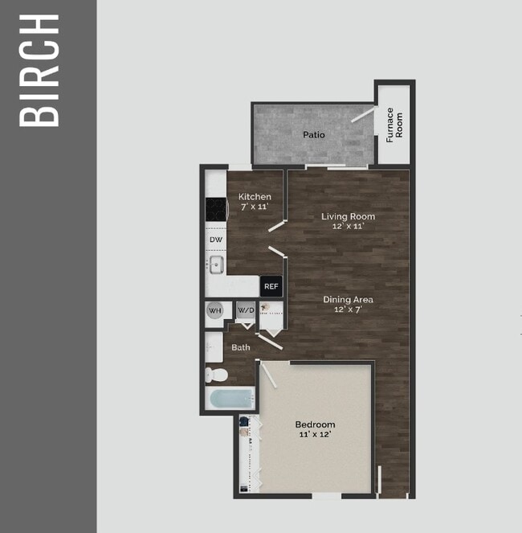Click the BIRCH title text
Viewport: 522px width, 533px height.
pos(39,70)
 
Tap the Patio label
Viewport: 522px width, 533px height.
pos(314,134)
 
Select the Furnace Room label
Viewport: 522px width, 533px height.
pos(394,125)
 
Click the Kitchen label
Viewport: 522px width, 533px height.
pos(255,197)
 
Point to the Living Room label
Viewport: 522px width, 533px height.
pos(348,216)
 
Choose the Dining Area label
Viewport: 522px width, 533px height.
pos(348,300)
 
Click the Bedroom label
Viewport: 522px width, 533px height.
pos(315,424)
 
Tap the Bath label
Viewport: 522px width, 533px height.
pos(241,347)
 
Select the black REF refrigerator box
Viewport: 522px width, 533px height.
pos(271,286)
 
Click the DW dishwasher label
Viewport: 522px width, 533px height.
pos(215,240)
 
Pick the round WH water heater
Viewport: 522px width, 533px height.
pos(215,310)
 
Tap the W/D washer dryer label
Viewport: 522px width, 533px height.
pos(245,310)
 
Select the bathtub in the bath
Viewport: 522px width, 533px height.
pos(230,398)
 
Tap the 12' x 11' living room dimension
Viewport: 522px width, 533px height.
pos(348,226)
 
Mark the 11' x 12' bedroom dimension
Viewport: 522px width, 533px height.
pos(315,434)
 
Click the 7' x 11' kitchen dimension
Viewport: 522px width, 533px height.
pos(255,207)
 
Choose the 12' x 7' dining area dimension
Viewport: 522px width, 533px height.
pos(348,310)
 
